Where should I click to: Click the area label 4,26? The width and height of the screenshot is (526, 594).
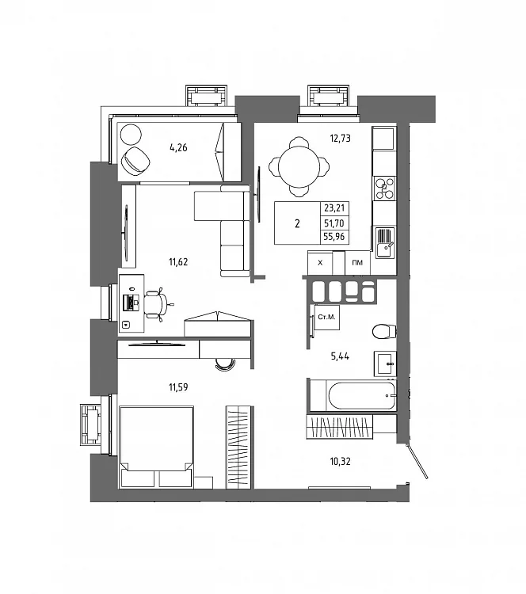click(x=178, y=147)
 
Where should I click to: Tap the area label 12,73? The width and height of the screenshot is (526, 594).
click(x=340, y=139)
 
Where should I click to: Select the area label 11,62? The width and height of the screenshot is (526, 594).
click(x=178, y=262)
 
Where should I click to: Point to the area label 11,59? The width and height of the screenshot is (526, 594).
click(x=178, y=387)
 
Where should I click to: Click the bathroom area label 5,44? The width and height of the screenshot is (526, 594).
click(x=340, y=356)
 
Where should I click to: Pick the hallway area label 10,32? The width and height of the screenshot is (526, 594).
click(x=340, y=462)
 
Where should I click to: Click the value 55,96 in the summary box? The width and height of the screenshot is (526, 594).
click(x=334, y=237)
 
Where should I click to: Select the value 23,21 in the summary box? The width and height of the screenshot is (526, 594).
click(x=334, y=208)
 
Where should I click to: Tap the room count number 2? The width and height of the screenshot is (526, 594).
click(x=297, y=223)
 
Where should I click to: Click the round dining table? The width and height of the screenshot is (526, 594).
click(x=299, y=166)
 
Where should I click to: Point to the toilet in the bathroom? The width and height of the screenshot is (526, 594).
click(x=384, y=332)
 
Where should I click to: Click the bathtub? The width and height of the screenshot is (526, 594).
click(x=361, y=396)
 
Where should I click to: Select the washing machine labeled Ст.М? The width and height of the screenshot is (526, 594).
click(x=326, y=317)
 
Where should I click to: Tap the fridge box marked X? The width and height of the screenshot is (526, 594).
click(x=320, y=262)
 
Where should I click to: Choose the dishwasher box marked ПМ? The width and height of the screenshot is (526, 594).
click(x=357, y=262)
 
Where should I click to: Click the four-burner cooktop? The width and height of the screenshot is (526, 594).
click(x=384, y=188)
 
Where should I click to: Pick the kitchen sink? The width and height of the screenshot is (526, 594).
click(x=385, y=243)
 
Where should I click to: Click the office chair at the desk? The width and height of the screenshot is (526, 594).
click(x=158, y=304)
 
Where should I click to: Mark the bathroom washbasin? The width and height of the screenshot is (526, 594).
click(x=386, y=364)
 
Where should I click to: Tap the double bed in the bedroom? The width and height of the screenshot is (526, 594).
click(x=156, y=447)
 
